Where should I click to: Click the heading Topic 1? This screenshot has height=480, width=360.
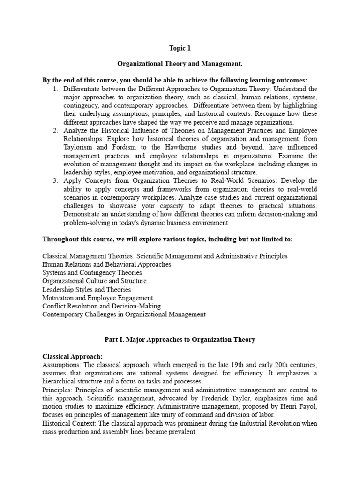click(x=180, y=48)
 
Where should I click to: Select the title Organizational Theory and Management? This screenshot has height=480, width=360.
click(x=180, y=64)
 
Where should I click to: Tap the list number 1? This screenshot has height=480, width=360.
click(x=55, y=89)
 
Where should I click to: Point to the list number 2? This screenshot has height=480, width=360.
click(x=55, y=130)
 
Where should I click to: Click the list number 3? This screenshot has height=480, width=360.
click(x=55, y=180)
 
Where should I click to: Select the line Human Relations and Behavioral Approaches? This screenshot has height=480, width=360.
click(x=106, y=264)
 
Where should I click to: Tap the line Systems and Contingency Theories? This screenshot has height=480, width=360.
click(x=92, y=273)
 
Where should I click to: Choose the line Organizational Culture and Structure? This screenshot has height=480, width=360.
click(x=94, y=281)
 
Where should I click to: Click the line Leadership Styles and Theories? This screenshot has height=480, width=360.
click(x=87, y=289)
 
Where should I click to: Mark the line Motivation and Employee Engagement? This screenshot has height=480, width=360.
click(x=97, y=298)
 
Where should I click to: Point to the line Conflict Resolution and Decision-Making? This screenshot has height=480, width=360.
click(x=101, y=306)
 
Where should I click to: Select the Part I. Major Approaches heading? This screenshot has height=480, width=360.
click(x=180, y=340)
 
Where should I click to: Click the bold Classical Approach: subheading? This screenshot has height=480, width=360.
click(x=72, y=356)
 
